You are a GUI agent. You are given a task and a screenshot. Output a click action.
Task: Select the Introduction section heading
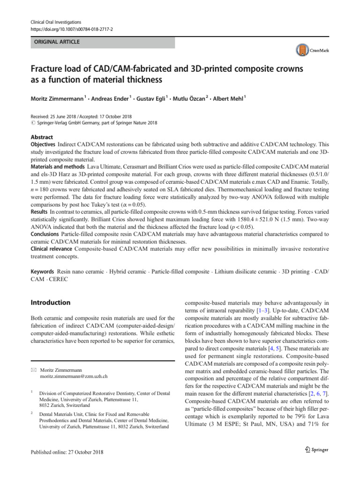[51, 303]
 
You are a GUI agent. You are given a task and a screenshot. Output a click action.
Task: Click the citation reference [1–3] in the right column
[251, 311]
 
